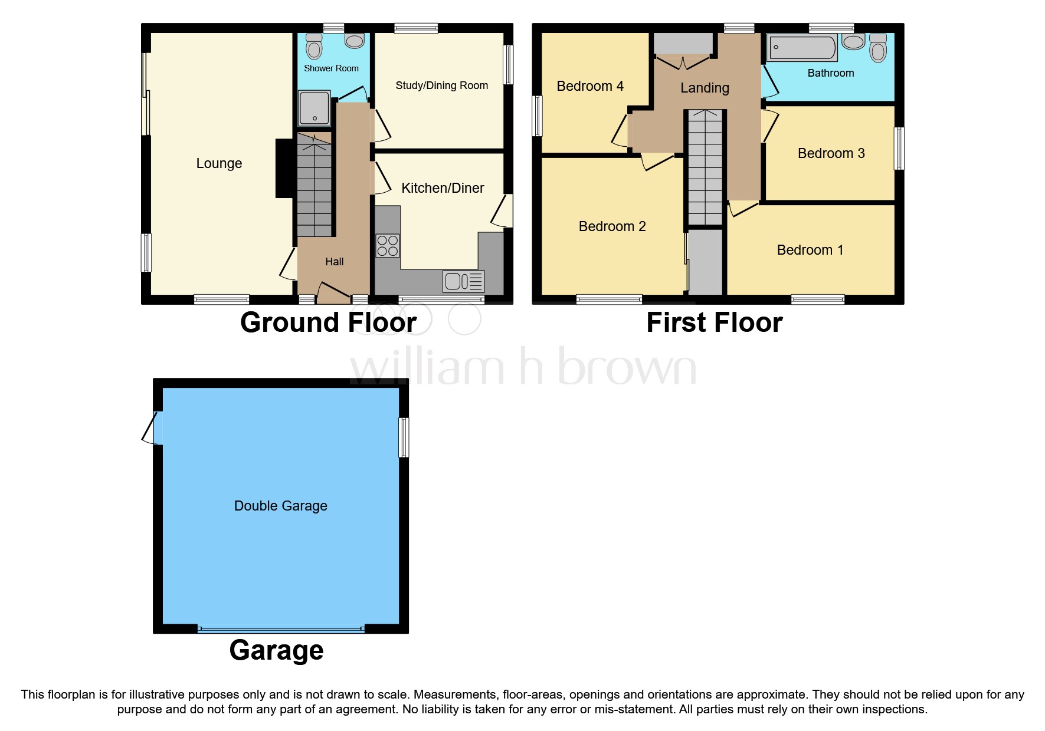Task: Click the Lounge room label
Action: pos(219,163)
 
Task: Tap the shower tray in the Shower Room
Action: pos(314,108)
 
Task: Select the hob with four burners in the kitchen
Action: pos(388,246)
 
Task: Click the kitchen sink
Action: pos(463,281)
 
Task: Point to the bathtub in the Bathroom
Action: pos(802,48)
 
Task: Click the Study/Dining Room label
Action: pos(441,85)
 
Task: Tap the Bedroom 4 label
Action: pos(589,86)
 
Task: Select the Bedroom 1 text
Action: pos(810,250)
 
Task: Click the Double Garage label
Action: pos(280,506)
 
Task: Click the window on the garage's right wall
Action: pos(404,437)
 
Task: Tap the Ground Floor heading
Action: pos(328,322)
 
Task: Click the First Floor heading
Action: pos(714,322)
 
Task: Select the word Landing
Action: pos(705,88)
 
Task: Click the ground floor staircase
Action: pos(314,189)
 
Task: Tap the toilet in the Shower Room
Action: pos(314,47)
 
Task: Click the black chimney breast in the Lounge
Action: pos(284,168)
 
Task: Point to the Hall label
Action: pos(334,262)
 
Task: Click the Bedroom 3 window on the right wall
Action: pos(899,149)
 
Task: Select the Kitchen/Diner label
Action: pos(443,188)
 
